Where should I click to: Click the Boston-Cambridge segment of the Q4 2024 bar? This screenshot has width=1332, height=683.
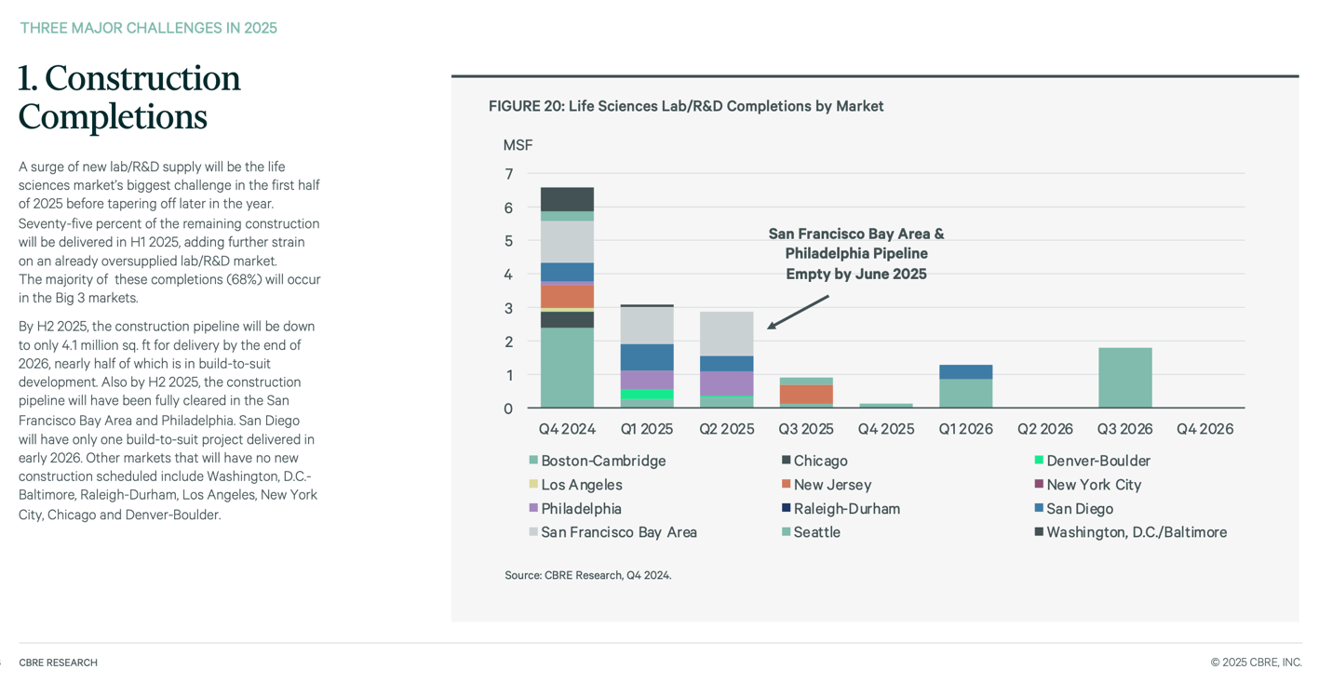(567, 368)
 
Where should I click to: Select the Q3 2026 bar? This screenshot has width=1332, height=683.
(1124, 378)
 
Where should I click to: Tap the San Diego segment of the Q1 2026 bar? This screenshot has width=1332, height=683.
(965, 372)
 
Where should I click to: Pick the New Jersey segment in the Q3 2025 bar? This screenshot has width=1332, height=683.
(806, 394)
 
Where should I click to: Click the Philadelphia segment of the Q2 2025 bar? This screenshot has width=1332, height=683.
(726, 383)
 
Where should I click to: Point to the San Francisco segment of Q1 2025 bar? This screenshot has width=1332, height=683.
(647, 326)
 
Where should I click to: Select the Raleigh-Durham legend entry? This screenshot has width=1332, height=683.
(845, 509)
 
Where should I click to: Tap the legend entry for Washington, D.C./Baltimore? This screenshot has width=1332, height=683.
(1135, 532)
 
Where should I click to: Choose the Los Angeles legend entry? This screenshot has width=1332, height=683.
(580, 485)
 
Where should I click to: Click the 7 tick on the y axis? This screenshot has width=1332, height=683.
(508, 174)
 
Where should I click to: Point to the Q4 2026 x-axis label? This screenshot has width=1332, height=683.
(1204, 429)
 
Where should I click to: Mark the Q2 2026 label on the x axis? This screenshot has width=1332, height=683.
(1044, 429)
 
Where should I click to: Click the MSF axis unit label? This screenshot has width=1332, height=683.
(518, 145)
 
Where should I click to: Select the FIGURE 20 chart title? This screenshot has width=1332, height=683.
(686, 106)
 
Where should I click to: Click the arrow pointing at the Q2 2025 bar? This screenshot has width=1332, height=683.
(798, 312)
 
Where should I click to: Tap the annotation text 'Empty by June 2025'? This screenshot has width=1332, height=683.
(855, 274)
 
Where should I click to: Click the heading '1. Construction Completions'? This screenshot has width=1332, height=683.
(129, 98)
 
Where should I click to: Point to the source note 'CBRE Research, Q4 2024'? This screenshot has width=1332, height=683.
(587, 575)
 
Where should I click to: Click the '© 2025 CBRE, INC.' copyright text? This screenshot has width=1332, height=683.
(1256, 663)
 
